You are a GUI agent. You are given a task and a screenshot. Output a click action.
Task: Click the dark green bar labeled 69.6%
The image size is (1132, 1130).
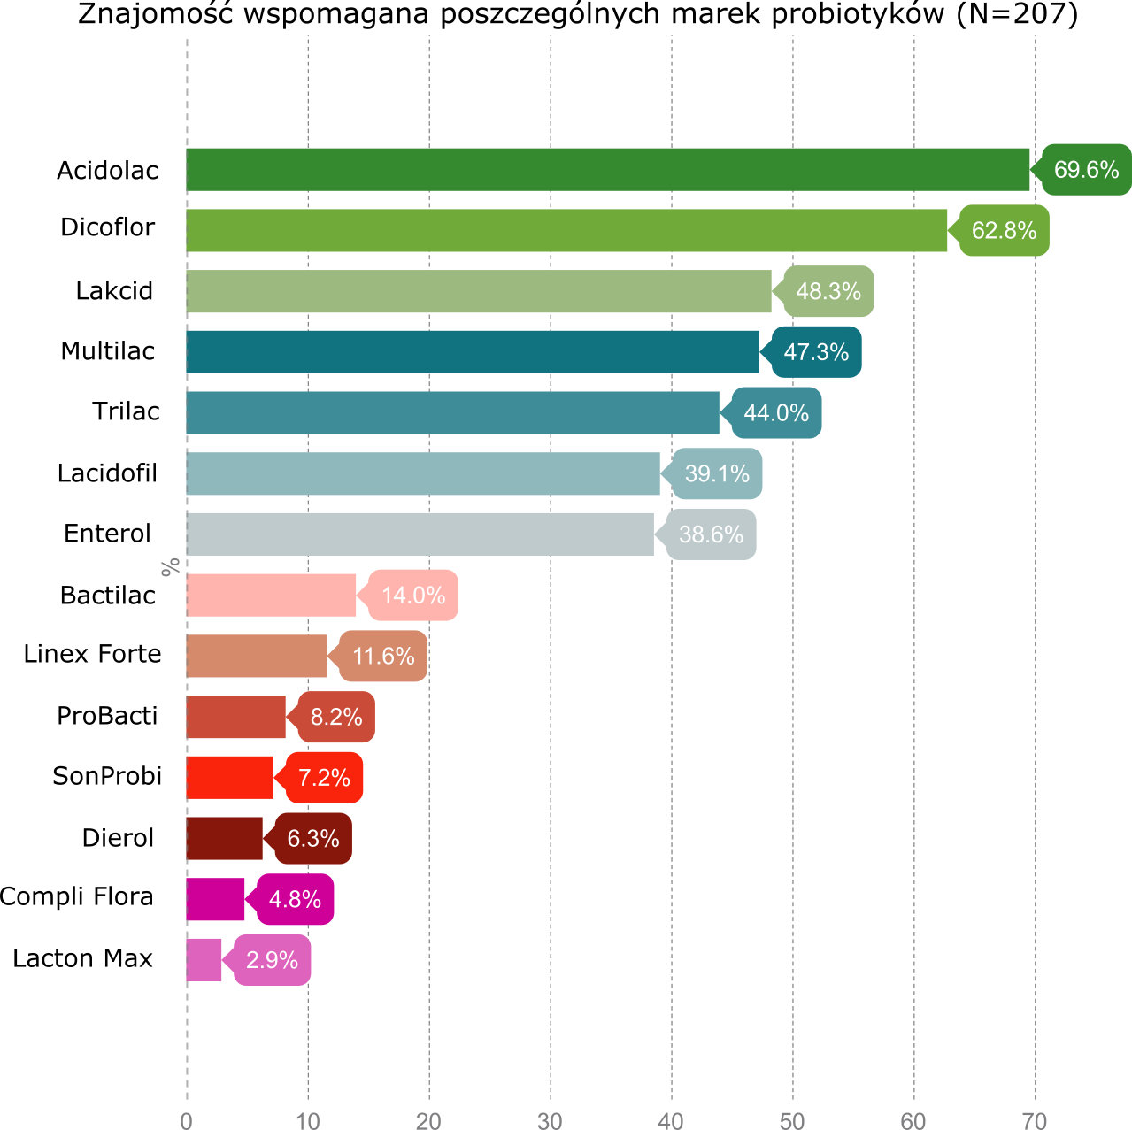[x=608, y=169]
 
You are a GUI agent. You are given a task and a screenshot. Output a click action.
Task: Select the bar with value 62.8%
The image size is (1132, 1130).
[x=566, y=230]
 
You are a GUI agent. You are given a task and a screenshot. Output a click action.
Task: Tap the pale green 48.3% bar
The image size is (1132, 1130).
[x=479, y=291]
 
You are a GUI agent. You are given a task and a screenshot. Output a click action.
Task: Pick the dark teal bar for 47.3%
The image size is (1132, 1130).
[x=473, y=352]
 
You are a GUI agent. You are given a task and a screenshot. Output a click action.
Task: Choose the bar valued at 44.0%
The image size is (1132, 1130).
[x=452, y=412]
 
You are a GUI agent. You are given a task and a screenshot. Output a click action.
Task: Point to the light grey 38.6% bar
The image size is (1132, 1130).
[x=420, y=534]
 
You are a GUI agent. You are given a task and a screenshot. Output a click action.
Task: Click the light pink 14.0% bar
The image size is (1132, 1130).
[x=271, y=595]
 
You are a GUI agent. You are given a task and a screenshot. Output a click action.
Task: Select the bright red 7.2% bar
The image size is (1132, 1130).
[x=230, y=778]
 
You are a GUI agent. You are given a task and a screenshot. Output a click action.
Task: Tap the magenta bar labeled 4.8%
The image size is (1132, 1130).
[x=215, y=899]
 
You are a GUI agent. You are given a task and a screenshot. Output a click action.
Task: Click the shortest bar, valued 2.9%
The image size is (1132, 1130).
[x=204, y=960]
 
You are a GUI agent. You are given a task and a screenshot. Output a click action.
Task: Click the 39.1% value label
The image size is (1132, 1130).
[x=717, y=473]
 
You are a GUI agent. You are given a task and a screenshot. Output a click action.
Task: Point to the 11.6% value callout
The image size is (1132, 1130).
[x=383, y=656]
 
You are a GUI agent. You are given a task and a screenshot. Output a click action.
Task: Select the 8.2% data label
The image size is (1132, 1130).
[x=336, y=717]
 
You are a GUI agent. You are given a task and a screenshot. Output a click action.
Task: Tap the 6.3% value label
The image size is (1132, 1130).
[x=313, y=838]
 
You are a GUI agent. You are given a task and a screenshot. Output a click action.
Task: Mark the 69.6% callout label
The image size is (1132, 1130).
[x=1086, y=169]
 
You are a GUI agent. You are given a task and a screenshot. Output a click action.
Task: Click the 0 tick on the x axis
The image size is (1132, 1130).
[x=186, y=1120]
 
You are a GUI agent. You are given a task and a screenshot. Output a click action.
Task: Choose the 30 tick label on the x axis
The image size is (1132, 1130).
[x=550, y=1120]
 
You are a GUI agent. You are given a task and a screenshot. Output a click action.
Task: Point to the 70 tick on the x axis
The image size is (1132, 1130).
[x=1035, y=1120]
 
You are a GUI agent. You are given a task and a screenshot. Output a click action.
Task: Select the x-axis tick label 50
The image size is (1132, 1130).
[x=792, y=1120]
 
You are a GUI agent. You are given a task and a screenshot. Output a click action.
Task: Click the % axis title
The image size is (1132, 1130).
[x=170, y=566]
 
